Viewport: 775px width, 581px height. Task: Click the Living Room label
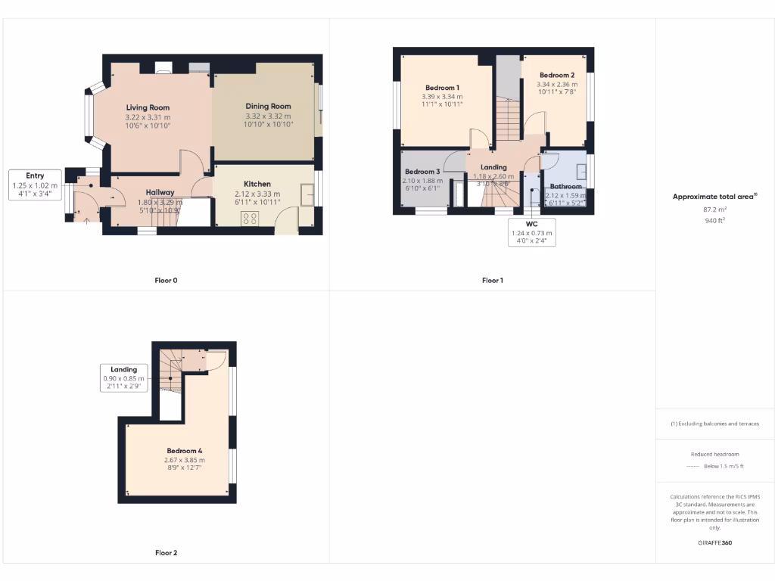(x=148, y=107)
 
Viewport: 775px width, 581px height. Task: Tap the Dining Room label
(x=268, y=107)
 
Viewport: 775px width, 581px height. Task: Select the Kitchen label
(x=257, y=184)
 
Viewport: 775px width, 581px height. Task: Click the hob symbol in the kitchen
(x=251, y=218)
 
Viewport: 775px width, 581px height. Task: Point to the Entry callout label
(x=35, y=176)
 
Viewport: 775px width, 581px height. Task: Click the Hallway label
(x=160, y=192)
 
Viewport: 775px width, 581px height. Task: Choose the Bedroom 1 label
(x=442, y=88)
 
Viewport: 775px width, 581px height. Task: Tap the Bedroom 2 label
(x=556, y=75)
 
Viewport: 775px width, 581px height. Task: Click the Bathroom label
(x=565, y=186)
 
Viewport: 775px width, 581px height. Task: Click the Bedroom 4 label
(x=184, y=451)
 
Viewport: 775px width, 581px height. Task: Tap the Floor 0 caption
(x=166, y=281)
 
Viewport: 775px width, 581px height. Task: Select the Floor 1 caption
(x=492, y=281)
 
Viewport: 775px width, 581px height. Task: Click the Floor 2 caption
(x=166, y=553)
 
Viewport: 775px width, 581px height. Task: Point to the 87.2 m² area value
(x=714, y=209)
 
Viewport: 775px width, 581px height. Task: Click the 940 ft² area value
(x=714, y=221)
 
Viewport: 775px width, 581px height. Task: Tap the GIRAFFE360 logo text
(x=714, y=542)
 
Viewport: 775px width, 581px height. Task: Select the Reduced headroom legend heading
(x=714, y=455)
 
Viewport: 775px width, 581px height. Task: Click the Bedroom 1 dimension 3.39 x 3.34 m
(x=442, y=97)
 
